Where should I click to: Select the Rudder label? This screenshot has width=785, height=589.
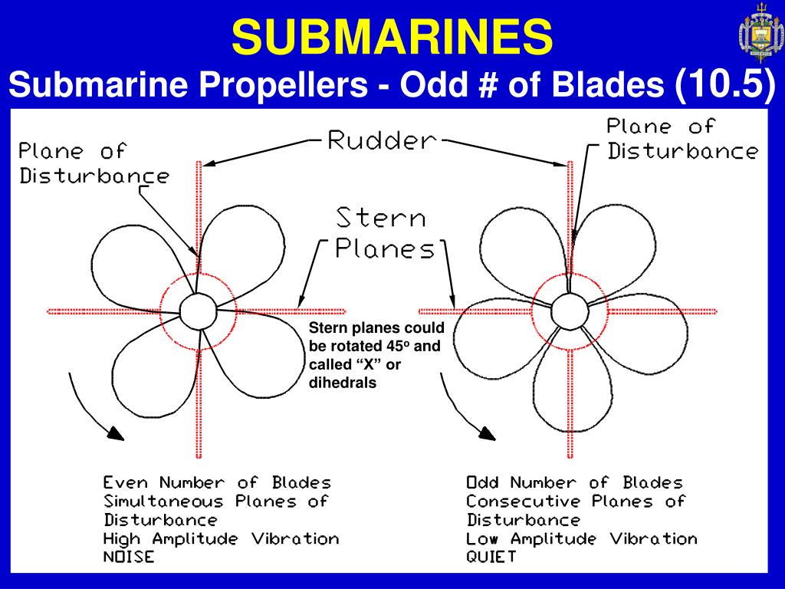click(x=381, y=140)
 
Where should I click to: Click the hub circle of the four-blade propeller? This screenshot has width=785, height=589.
click(x=197, y=311)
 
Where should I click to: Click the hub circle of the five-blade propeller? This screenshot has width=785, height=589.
click(x=568, y=311)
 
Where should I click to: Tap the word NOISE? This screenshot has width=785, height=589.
click(x=128, y=557)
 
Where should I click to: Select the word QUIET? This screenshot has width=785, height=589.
click(x=491, y=557)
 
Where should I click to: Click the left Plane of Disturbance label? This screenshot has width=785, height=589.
click(x=94, y=163)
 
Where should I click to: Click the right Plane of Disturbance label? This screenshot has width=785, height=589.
click(x=682, y=138)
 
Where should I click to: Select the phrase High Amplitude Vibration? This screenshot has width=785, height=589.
click(x=221, y=538)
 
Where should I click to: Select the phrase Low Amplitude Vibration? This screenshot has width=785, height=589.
click(x=582, y=538)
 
